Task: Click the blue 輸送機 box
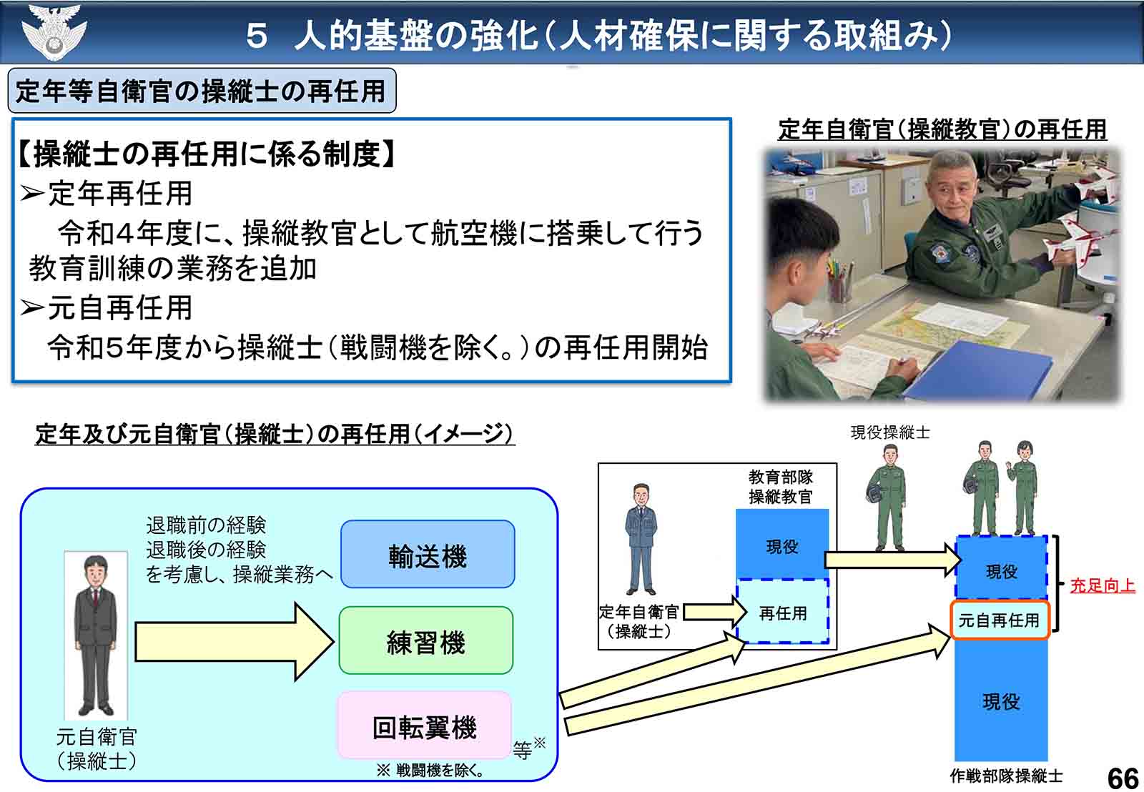pos(428,555)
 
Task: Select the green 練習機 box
pos(426,641)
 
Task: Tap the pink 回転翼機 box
pos(425,726)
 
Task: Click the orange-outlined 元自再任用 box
pos(999,620)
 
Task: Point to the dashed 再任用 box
pos(783,613)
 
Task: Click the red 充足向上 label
pos(1102,585)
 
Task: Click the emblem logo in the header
pos(54,32)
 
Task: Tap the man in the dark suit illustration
pos(96,636)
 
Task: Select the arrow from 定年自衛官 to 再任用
pos(713,613)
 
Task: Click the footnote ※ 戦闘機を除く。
pos(431,771)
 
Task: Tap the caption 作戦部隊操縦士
pos(1006,776)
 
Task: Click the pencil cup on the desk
pos(839,282)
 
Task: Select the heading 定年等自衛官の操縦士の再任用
pos(201,91)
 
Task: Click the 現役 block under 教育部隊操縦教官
pos(782,546)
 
